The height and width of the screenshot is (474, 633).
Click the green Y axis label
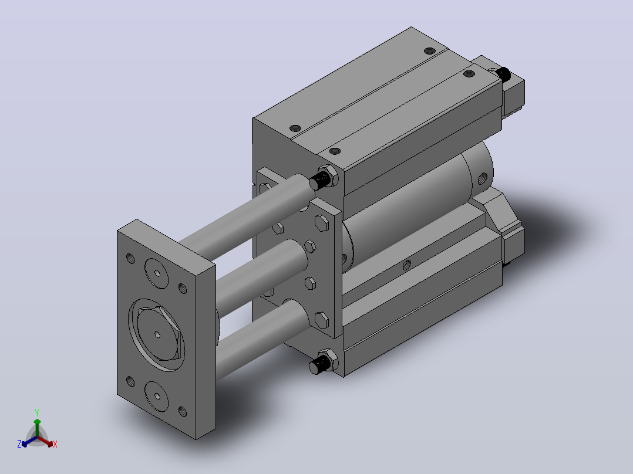point(37,412)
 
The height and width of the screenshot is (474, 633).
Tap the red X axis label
point(55,444)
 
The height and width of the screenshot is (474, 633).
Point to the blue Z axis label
point(19,443)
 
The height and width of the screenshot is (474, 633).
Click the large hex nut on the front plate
point(158,334)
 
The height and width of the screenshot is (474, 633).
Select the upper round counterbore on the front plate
point(157,273)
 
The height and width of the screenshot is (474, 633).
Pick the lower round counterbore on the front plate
point(157,396)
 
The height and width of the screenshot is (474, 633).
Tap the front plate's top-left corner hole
point(130,258)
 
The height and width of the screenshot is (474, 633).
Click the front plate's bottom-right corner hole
point(183,411)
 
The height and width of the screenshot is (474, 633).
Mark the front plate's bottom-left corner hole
point(130,381)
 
